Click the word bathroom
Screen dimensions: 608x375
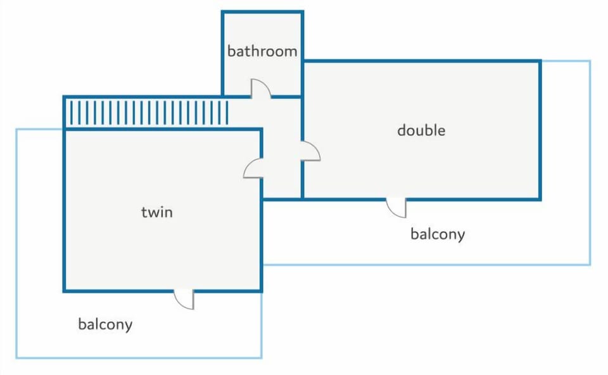pos(262,51)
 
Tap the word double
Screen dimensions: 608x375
pos(421,130)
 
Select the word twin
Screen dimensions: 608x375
pos(156,212)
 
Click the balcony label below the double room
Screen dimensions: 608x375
pos(438,234)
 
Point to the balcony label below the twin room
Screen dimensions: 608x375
pos(105,324)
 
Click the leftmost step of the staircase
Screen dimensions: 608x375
pos(72,113)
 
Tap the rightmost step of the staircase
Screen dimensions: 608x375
pos(227,113)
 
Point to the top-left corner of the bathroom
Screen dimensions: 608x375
pos(223,12)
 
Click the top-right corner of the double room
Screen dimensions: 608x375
pos(540,61)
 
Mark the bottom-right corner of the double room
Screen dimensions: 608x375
pos(540,200)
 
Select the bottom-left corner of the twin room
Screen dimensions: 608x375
pos(65,291)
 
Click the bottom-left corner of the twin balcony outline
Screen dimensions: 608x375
pos(16,357)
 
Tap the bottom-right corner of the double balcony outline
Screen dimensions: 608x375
pos(590,265)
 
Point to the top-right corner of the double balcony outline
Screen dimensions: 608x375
pos(590,61)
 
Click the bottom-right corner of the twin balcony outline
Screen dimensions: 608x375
pos(262,357)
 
